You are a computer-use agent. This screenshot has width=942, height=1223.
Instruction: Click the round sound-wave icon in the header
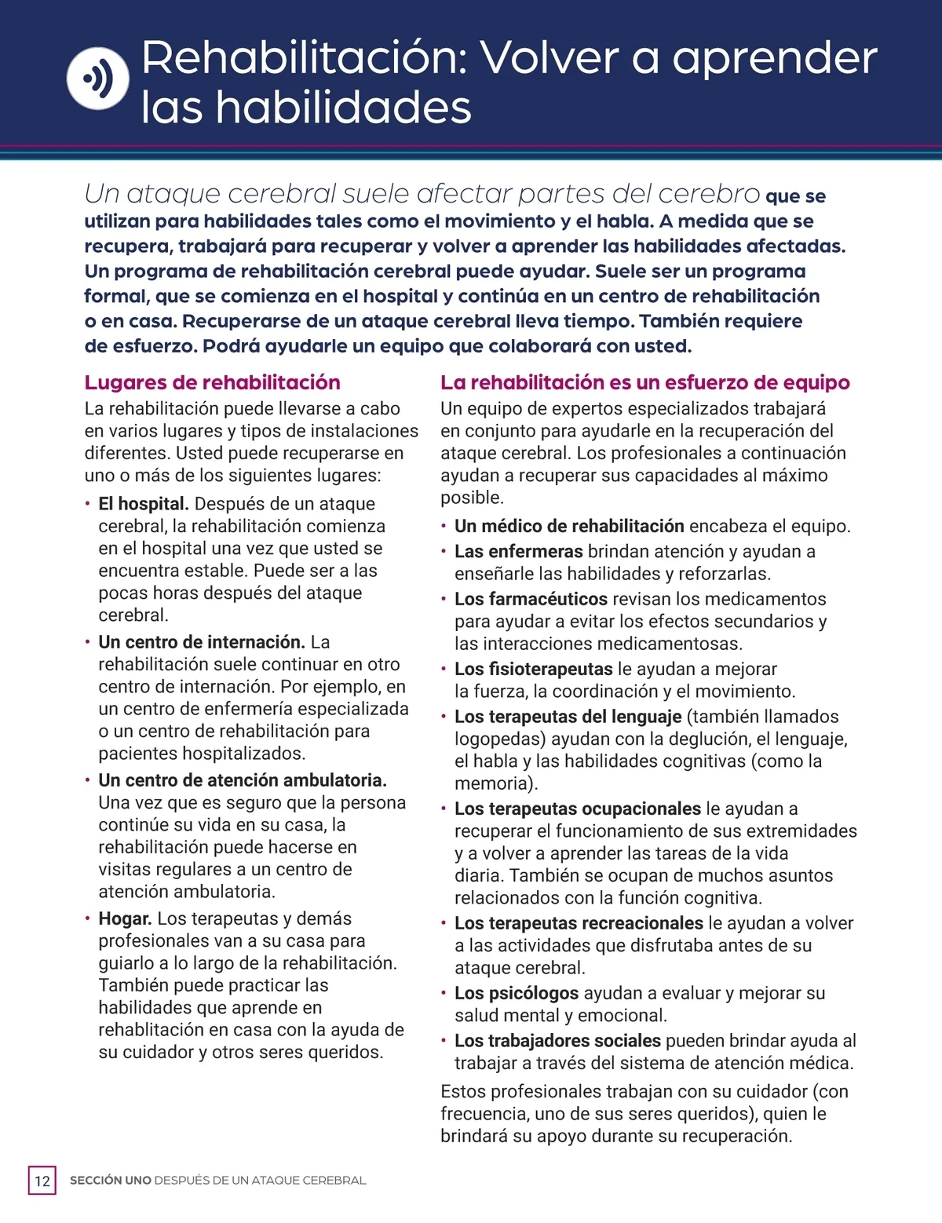pyautogui.click(x=97, y=78)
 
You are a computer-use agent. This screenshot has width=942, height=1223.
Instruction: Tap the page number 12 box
pyautogui.click(x=42, y=1181)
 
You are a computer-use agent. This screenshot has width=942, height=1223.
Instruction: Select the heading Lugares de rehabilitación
pyautogui.click(x=212, y=382)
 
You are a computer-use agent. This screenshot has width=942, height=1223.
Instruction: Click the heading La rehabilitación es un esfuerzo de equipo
pyautogui.click(x=644, y=382)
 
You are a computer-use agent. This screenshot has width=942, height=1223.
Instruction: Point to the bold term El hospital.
pyautogui.click(x=144, y=504)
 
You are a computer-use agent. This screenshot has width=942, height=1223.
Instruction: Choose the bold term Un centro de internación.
pyautogui.click(x=201, y=642)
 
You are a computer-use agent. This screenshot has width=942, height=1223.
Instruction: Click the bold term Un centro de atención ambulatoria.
pyautogui.click(x=243, y=780)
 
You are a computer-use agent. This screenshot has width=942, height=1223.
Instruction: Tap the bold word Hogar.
pyautogui.click(x=125, y=918)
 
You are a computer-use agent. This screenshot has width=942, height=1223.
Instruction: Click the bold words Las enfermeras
pyautogui.click(x=518, y=552)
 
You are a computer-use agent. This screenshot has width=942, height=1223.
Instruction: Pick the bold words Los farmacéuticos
pyautogui.click(x=531, y=599)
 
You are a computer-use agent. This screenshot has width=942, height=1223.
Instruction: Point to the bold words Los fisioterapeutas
pyautogui.click(x=533, y=669)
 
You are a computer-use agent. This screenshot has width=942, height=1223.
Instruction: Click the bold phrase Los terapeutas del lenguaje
pyautogui.click(x=568, y=717)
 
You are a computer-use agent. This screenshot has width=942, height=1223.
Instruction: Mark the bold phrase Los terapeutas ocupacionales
pyautogui.click(x=577, y=809)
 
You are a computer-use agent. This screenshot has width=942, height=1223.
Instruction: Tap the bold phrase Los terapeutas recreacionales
pyautogui.click(x=579, y=923)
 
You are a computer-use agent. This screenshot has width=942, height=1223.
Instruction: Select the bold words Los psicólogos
pyautogui.click(x=517, y=993)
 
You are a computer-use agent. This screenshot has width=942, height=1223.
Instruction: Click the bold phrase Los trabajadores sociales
pyautogui.click(x=557, y=1041)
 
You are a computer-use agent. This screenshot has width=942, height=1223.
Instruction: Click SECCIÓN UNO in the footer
pyautogui.click(x=111, y=1181)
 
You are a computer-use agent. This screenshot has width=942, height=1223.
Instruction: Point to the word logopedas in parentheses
pyautogui.click(x=500, y=739)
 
